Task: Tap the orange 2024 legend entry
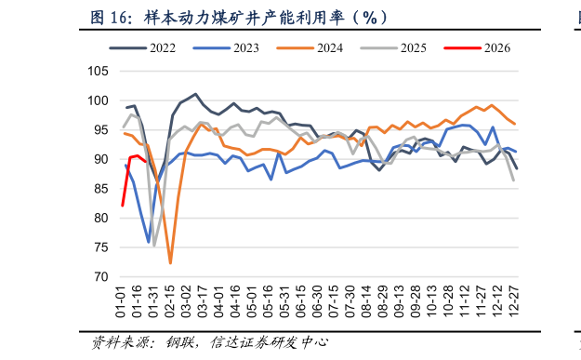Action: coord(326,47)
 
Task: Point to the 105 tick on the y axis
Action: coord(98,72)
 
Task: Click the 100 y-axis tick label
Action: coord(98,100)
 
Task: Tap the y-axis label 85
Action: coord(100,189)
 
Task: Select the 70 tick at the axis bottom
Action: coord(100,277)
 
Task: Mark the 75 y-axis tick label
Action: coord(100,247)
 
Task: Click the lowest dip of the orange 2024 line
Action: coord(170,263)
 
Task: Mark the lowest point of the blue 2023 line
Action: coord(149,242)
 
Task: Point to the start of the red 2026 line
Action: coord(123,206)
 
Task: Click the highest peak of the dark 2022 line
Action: coord(195,94)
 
